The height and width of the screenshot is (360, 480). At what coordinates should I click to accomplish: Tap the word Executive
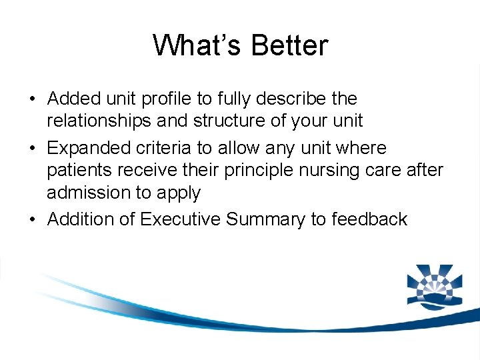click(181, 219)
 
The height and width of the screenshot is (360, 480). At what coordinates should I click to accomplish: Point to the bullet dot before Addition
click(32, 220)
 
